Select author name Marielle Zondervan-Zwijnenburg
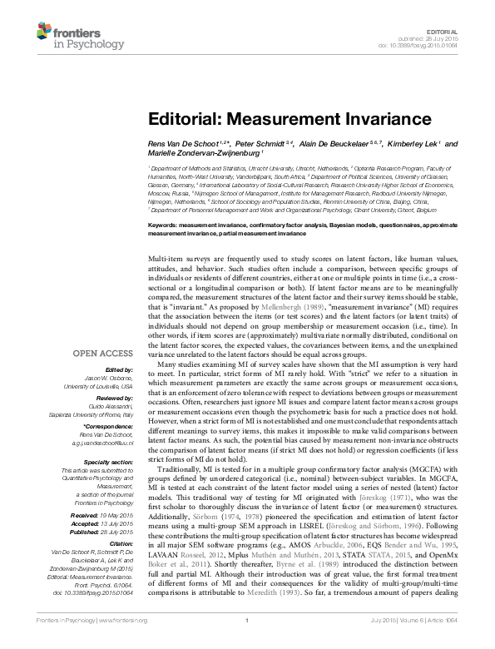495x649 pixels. tap(200, 154)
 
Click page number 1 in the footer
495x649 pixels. tap(247, 643)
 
